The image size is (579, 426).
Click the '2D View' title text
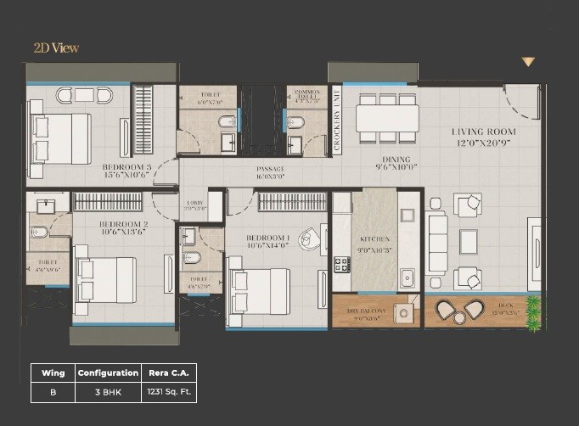[x=56, y=48]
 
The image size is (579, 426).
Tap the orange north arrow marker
[x=528, y=62]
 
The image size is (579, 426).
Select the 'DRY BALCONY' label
[x=366, y=311]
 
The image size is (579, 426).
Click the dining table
[x=386, y=118]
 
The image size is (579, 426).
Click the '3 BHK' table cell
[x=108, y=393]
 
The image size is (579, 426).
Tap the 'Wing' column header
[x=53, y=373]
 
